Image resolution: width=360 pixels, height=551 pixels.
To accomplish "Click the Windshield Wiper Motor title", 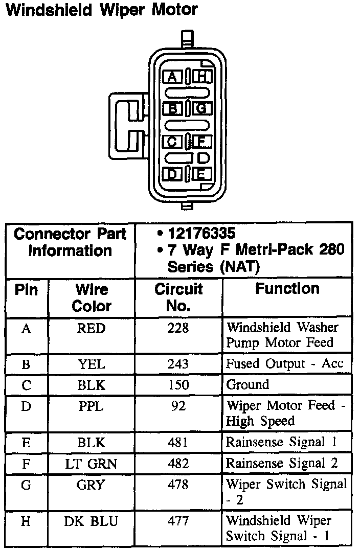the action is (x=101, y=10).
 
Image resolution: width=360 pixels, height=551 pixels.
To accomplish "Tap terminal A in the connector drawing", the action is (x=173, y=77).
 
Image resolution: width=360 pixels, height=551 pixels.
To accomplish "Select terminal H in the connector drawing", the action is (x=203, y=77).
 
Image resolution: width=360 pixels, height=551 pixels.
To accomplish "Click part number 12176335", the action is (x=201, y=234).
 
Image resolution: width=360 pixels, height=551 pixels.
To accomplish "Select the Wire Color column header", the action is (x=92, y=297).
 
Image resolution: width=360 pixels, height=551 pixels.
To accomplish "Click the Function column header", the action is (x=287, y=289).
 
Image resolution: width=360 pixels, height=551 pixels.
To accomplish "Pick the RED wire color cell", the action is (x=91, y=328).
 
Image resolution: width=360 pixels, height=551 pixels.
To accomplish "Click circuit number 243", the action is (x=178, y=364).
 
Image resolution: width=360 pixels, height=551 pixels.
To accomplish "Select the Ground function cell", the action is (x=247, y=385).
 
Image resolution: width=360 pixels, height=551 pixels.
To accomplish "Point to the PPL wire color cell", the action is (x=91, y=407).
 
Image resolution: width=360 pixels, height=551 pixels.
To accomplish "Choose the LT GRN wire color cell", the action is (x=91, y=464).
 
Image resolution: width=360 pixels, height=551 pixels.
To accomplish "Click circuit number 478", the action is (x=178, y=484).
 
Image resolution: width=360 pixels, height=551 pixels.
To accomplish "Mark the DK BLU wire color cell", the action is (x=91, y=521).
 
